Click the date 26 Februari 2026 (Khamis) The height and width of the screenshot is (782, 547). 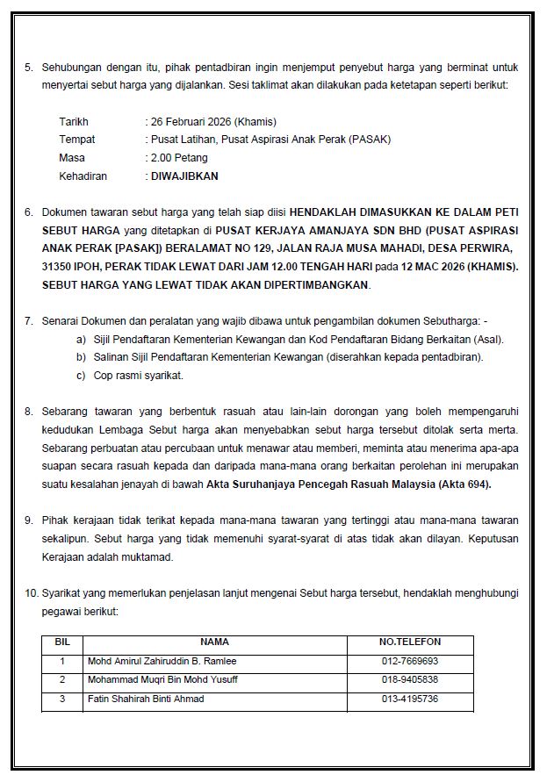[x=213, y=122]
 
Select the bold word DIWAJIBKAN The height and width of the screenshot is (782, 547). [x=184, y=176]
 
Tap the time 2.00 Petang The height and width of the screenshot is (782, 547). [x=179, y=158]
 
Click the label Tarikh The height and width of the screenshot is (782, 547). [x=74, y=122]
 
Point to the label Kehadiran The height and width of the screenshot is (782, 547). [x=83, y=176]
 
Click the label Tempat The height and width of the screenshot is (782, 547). [x=76, y=140]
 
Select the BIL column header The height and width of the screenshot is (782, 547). [x=62, y=642]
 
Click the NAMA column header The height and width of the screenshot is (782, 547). [x=214, y=642]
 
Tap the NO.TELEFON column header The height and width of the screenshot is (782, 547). [x=409, y=642]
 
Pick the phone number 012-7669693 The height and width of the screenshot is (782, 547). [x=409, y=661]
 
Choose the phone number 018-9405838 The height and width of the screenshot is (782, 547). [x=409, y=679]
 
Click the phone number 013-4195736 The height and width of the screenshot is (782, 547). [x=409, y=699]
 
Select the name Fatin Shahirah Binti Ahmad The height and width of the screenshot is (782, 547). [x=147, y=699]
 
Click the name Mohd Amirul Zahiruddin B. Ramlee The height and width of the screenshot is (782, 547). [x=162, y=661]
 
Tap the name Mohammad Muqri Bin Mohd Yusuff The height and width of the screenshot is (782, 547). [x=162, y=679]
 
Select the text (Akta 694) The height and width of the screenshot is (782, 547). [x=461, y=484]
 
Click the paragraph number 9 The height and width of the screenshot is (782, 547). [x=29, y=520]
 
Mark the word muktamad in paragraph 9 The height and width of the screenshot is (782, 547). [x=152, y=556]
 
